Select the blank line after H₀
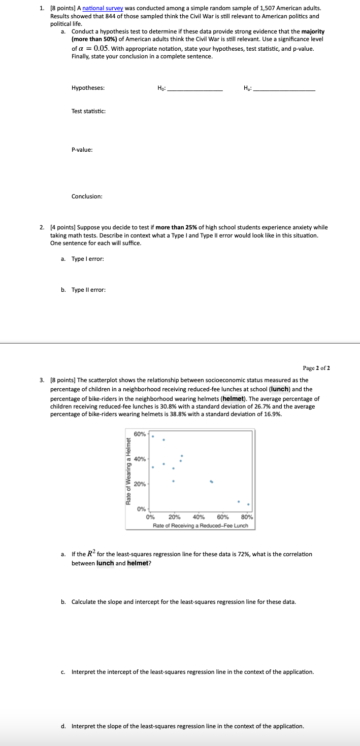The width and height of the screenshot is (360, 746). pyautogui.click(x=194, y=90)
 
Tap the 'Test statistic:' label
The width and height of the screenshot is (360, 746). pyautogui.click(x=89, y=111)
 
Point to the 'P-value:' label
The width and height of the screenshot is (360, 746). pyautogui.click(x=82, y=150)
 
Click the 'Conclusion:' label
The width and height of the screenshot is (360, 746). pyautogui.click(x=87, y=196)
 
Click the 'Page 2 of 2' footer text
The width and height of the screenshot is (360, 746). pyautogui.click(x=317, y=368)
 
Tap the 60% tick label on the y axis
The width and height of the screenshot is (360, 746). pyautogui.click(x=140, y=434)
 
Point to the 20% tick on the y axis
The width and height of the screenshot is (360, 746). pyautogui.click(x=140, y=484)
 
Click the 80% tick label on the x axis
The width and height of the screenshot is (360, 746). pyautogui.click(x=247, y=518)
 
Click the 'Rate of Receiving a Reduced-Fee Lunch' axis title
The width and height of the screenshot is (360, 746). pyautogui.click(x=201, y=525)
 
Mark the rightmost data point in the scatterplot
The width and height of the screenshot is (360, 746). pyautogui.click(x=248, y=490)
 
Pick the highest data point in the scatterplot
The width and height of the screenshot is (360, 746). pyautogui.click(x=153, y=436)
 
